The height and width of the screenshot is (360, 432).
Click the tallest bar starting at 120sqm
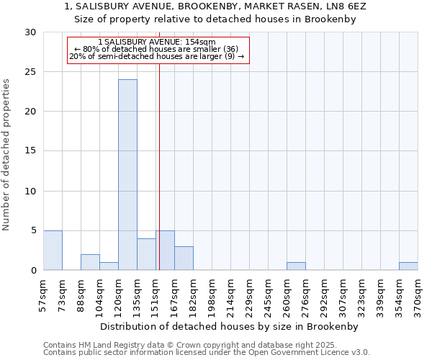(127, 175)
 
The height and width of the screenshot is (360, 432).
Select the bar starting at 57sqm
(53, 251)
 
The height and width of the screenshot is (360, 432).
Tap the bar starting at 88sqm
(90, 262)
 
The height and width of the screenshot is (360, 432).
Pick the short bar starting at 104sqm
(109, 266)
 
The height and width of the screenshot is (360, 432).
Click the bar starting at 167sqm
(184, 258)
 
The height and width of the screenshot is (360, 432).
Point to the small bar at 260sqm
(296, 266)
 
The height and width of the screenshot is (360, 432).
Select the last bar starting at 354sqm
(408, 266)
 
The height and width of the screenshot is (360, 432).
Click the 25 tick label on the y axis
(30, 72)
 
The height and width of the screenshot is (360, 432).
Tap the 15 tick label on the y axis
(30, 151)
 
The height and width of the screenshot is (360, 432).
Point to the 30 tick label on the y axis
(30, 32)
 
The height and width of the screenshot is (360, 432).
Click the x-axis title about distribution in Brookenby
(230, 326)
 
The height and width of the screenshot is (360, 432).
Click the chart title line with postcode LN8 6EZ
(215, 6)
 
